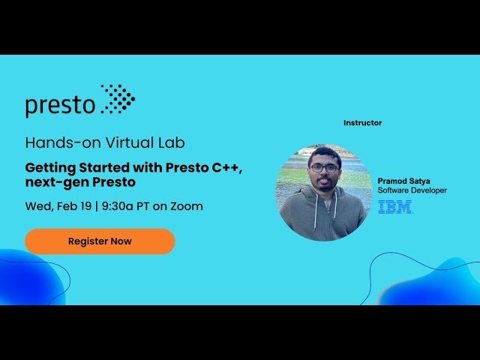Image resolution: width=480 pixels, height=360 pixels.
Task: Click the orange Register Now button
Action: coord(100,241)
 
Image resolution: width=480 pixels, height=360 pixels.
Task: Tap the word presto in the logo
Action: coord(60,106)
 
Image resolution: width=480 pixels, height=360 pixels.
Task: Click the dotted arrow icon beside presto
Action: coord(118,99)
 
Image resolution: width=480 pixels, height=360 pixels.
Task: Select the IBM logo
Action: coord(395,206)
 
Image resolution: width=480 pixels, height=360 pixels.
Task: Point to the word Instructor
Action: coord(362,123)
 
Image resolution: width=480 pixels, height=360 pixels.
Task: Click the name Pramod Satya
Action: coord(403,181)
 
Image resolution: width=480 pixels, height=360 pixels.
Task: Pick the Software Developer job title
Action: coord(412,190)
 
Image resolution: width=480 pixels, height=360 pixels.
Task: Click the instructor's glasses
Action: coord(324,168)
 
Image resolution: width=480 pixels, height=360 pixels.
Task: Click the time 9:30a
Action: coord(118,206)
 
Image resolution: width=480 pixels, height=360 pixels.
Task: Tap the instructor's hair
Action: coord(324,153)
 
